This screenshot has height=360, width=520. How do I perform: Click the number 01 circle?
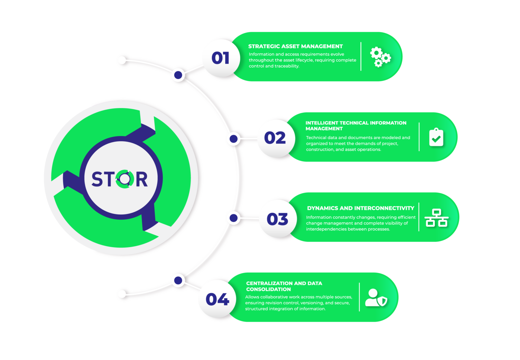click(221, 58)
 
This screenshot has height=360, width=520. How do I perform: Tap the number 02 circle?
click(275, 138)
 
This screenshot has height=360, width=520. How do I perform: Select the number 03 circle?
click(278, 219)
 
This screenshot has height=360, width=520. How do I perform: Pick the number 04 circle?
click(217, 299)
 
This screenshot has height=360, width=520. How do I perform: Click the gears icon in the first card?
click(380, 57)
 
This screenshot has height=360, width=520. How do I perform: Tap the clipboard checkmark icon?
click(436, 137)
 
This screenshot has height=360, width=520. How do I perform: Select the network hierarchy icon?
click(436, 218)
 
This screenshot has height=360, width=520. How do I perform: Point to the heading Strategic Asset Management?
click(295, 46)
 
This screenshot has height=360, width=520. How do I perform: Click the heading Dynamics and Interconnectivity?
click(361, 208)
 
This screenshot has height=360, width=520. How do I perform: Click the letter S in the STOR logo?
click(97, 179)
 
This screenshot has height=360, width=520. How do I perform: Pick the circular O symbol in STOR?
click(123, 179)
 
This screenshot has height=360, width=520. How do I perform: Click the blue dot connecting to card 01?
click(178, 75)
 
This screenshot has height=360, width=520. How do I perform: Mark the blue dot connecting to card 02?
click(233, 139)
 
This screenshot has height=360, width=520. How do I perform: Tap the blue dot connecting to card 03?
click(233, 218)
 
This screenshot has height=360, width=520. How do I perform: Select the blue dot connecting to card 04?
click(178, 280)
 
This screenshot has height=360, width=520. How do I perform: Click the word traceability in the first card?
click(286, 66)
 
